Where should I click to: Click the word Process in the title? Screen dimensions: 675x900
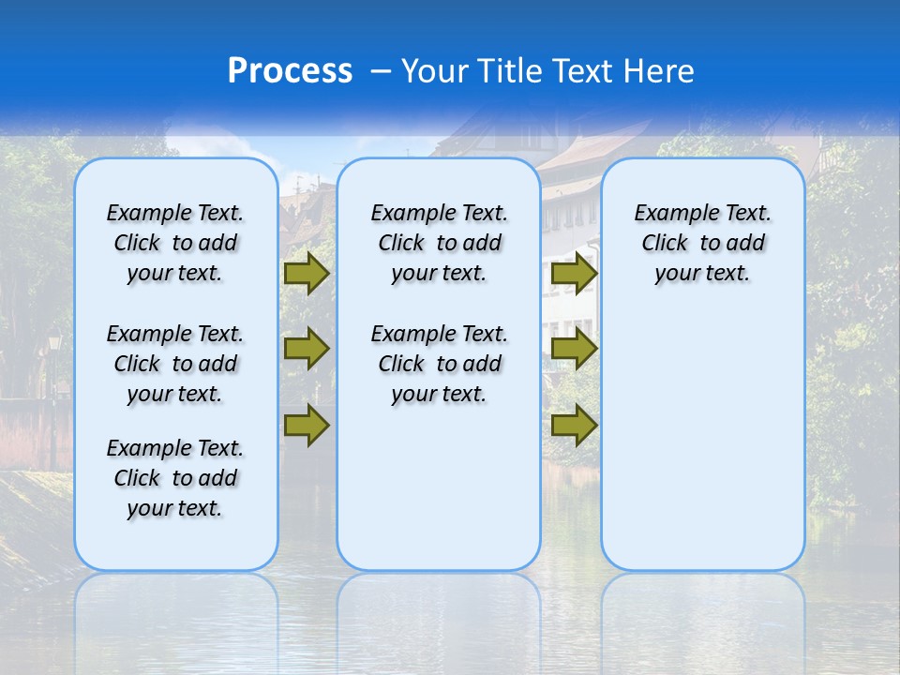click(290, 71)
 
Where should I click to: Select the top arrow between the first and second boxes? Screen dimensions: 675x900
click(307, 273)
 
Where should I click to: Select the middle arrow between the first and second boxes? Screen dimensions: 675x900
click(307, 349)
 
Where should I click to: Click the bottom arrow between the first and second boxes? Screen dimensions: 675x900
click(307, 425)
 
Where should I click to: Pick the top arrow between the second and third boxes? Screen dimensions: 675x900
click(574, 273)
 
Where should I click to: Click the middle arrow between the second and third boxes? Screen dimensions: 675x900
click(574, 349)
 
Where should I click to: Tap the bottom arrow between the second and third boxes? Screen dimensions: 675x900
click(574, 425)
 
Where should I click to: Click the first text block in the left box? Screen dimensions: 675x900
click(175, 243)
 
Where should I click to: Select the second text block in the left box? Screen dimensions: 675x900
click(175, 364)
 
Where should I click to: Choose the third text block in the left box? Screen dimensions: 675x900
click(175, 478)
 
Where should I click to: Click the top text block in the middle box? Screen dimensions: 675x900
click(439, 243)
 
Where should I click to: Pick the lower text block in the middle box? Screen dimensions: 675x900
click(439, 364)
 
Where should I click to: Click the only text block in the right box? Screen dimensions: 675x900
click(702, 243)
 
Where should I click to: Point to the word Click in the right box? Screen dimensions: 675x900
click(665, 244)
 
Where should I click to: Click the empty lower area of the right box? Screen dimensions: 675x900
click(702, 441)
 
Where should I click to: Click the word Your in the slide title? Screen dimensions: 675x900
click(434, 71)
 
